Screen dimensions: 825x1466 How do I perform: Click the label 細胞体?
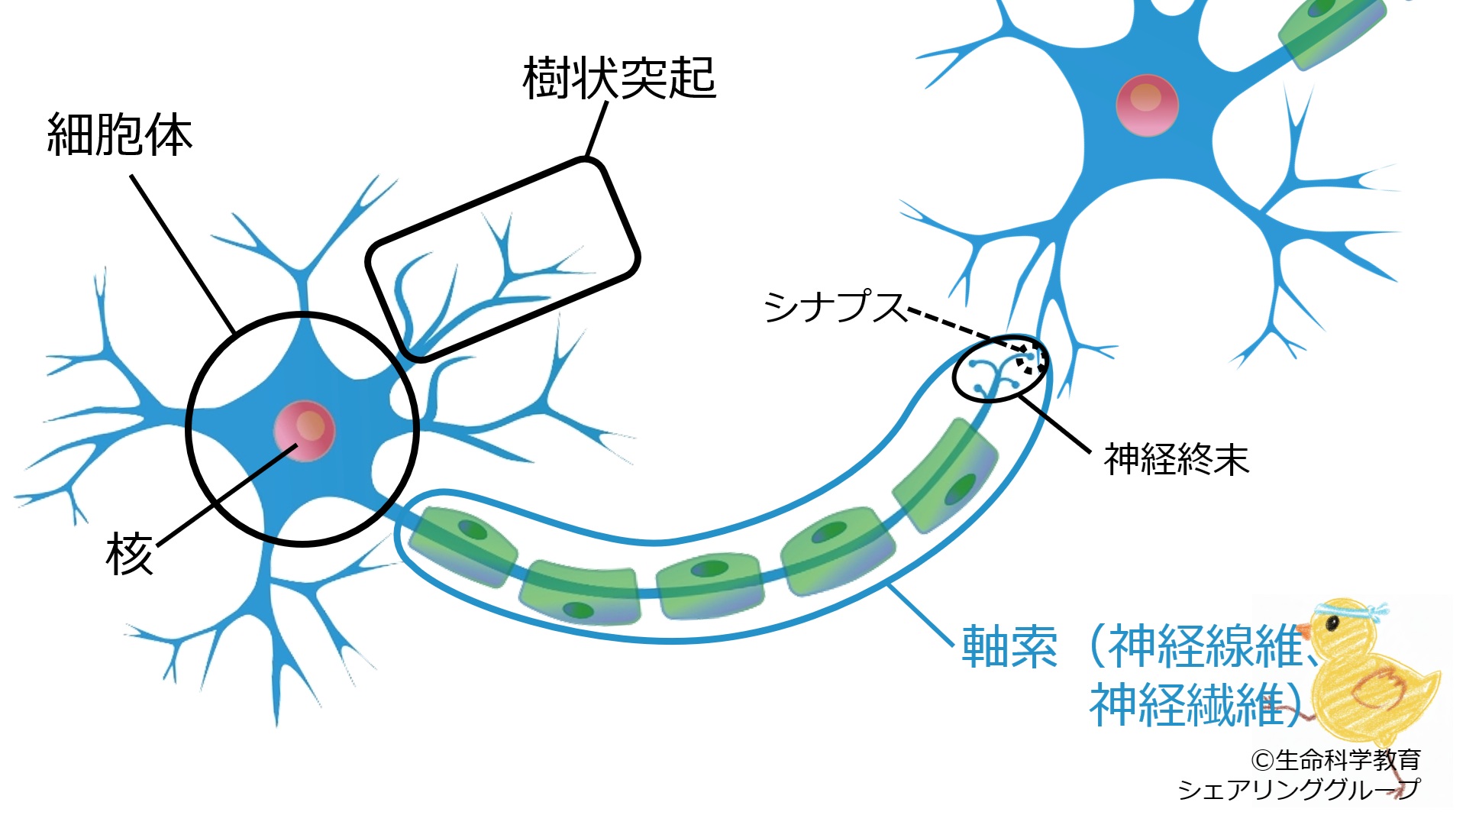point(120,136)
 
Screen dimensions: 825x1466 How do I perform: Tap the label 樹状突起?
point(618,79)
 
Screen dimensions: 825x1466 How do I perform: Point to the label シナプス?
point(834,307)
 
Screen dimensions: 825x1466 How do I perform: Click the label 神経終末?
point(1176,460)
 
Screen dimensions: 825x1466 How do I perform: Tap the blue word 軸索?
point(1009,647)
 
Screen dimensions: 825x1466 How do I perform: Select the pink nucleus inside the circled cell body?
point(305,431)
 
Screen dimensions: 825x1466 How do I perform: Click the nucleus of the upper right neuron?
point(1147,105)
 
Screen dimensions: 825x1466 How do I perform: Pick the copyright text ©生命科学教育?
point(1335,760)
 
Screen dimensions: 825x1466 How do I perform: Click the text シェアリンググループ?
point(1298,789)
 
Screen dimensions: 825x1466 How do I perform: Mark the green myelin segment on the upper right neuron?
point(1332,31)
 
